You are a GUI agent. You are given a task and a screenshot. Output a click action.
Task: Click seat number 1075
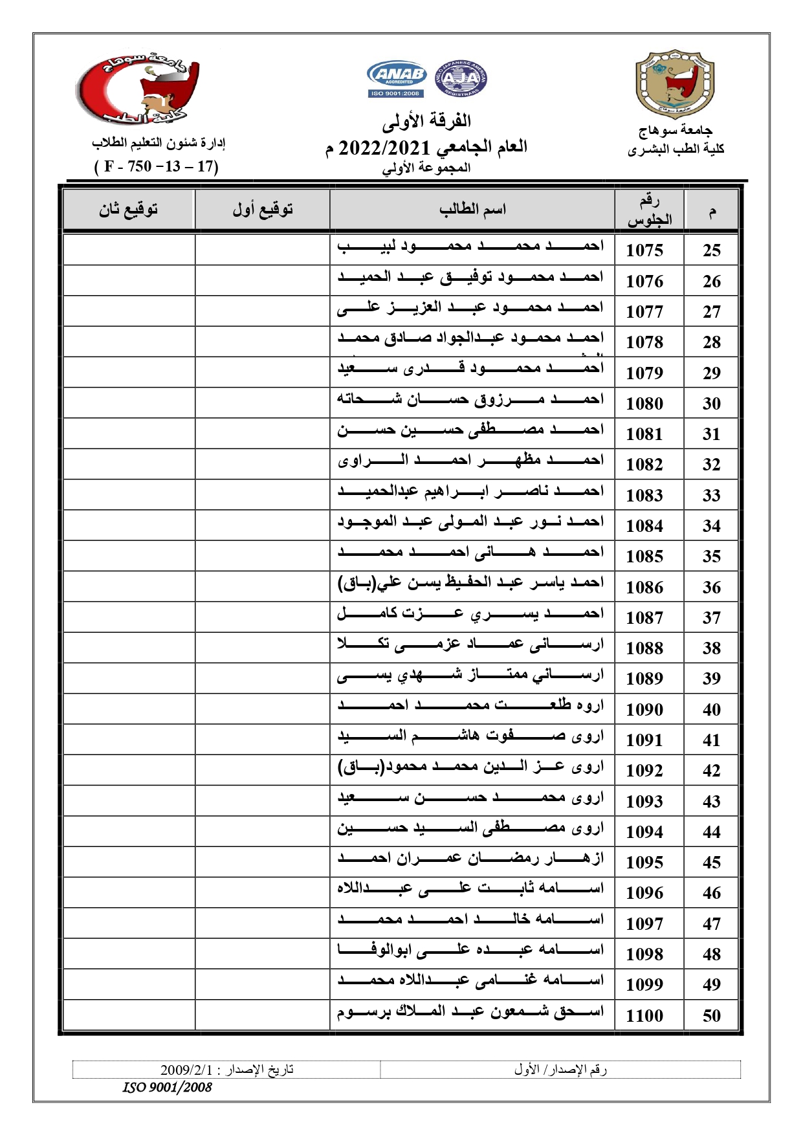click(x=644, y=250)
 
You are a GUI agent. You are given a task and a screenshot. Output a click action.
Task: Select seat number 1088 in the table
click(x=644, y=648)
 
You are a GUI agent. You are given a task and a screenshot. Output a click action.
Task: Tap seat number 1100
click(x=644, y=1015)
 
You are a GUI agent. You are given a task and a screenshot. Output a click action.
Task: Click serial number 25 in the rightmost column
click(x=711, y=250)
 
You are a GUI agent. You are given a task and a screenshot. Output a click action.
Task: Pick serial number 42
click(x=711, y=771)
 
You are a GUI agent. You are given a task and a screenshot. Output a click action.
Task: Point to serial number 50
click(x=711, y=1015)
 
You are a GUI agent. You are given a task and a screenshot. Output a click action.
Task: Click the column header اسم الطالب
click(x=472, y=210)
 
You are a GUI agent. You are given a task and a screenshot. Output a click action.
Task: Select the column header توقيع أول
click(x=263, y=210)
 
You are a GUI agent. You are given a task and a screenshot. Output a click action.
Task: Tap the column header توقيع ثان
click(x=128, y=210)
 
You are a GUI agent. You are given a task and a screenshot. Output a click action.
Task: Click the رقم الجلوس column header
click(x=649, y=210)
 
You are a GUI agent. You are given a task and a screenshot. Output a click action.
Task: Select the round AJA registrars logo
click(x=461, y=80)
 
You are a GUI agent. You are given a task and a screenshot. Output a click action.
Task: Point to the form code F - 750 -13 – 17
click(x=157, y=166)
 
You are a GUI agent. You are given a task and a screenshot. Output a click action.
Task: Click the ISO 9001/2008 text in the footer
click(x=168, y=1087)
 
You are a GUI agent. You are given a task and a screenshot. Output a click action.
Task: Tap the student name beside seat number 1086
click(x=470, y=583)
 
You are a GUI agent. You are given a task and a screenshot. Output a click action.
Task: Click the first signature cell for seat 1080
click(x=262, y=403)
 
